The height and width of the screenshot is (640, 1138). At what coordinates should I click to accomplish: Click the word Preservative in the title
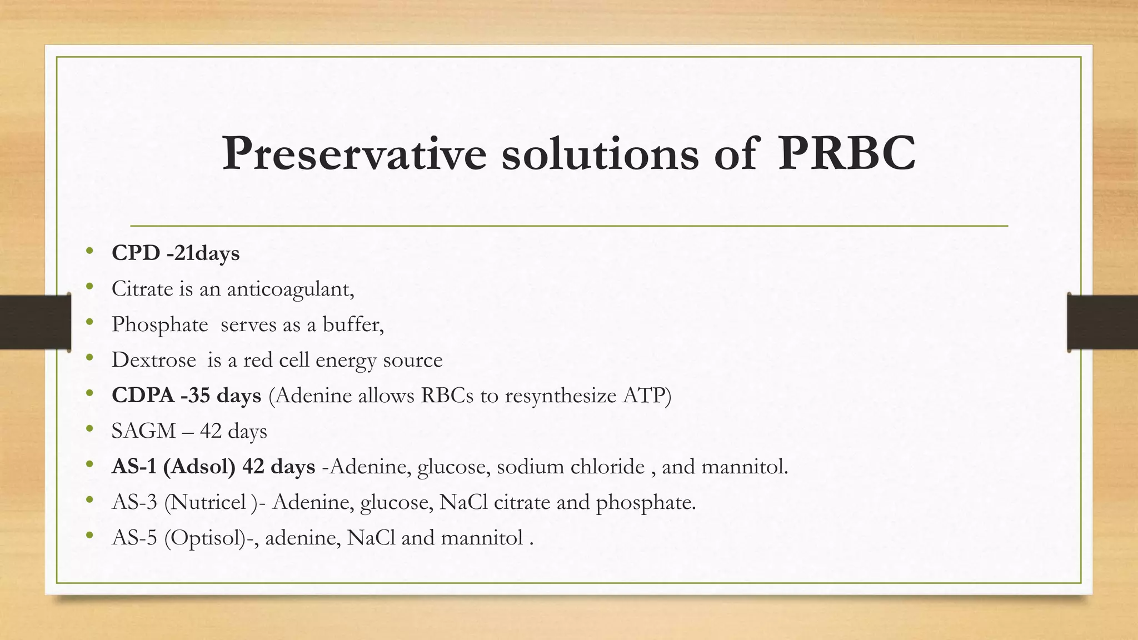tap(355, 153)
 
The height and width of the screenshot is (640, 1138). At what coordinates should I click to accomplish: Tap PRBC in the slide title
tap(846, 153)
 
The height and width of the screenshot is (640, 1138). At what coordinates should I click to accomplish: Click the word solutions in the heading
tap(600, 153)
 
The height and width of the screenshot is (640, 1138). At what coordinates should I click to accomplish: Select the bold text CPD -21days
tap(176, 253)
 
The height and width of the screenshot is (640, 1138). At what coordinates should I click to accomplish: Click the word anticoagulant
tap(290, 289)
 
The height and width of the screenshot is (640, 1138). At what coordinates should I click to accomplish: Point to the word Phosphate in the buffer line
tap(159, 324)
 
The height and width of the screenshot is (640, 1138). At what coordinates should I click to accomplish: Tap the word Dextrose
tap(153, 360)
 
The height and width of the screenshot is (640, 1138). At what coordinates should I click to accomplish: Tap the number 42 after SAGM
tap(211, 431)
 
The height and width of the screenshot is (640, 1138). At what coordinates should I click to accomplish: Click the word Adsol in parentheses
tap(199, 467)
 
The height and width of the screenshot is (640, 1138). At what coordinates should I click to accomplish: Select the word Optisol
tap(205, 538)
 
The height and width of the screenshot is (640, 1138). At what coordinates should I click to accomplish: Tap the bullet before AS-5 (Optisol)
tap(89, 536)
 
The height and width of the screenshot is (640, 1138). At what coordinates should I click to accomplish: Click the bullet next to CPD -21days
tap(89, 252)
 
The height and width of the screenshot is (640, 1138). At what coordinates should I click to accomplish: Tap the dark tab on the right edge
tap(1102, 322)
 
